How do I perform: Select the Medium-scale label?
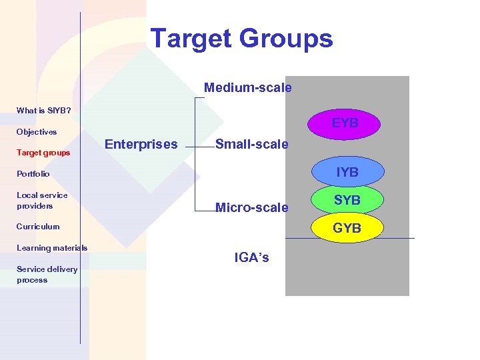(247, 87)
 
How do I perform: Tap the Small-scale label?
(251, 144)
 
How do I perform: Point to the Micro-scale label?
(252, 207)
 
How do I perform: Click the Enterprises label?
(141, 144)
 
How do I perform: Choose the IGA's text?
(252, 257)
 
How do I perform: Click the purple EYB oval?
(345, 123)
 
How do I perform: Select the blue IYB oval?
(347, 172)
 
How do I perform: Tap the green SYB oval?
(347, 200)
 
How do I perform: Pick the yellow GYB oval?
(347, 228)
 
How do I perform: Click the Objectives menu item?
(37, 132)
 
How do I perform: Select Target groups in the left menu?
(43, 153)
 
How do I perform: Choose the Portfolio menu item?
(33, 174)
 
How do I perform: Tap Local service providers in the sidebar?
(42, 201)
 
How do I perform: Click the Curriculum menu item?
(38, 227)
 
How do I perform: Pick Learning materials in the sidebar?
(52, 248)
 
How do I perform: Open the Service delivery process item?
(47, 275)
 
